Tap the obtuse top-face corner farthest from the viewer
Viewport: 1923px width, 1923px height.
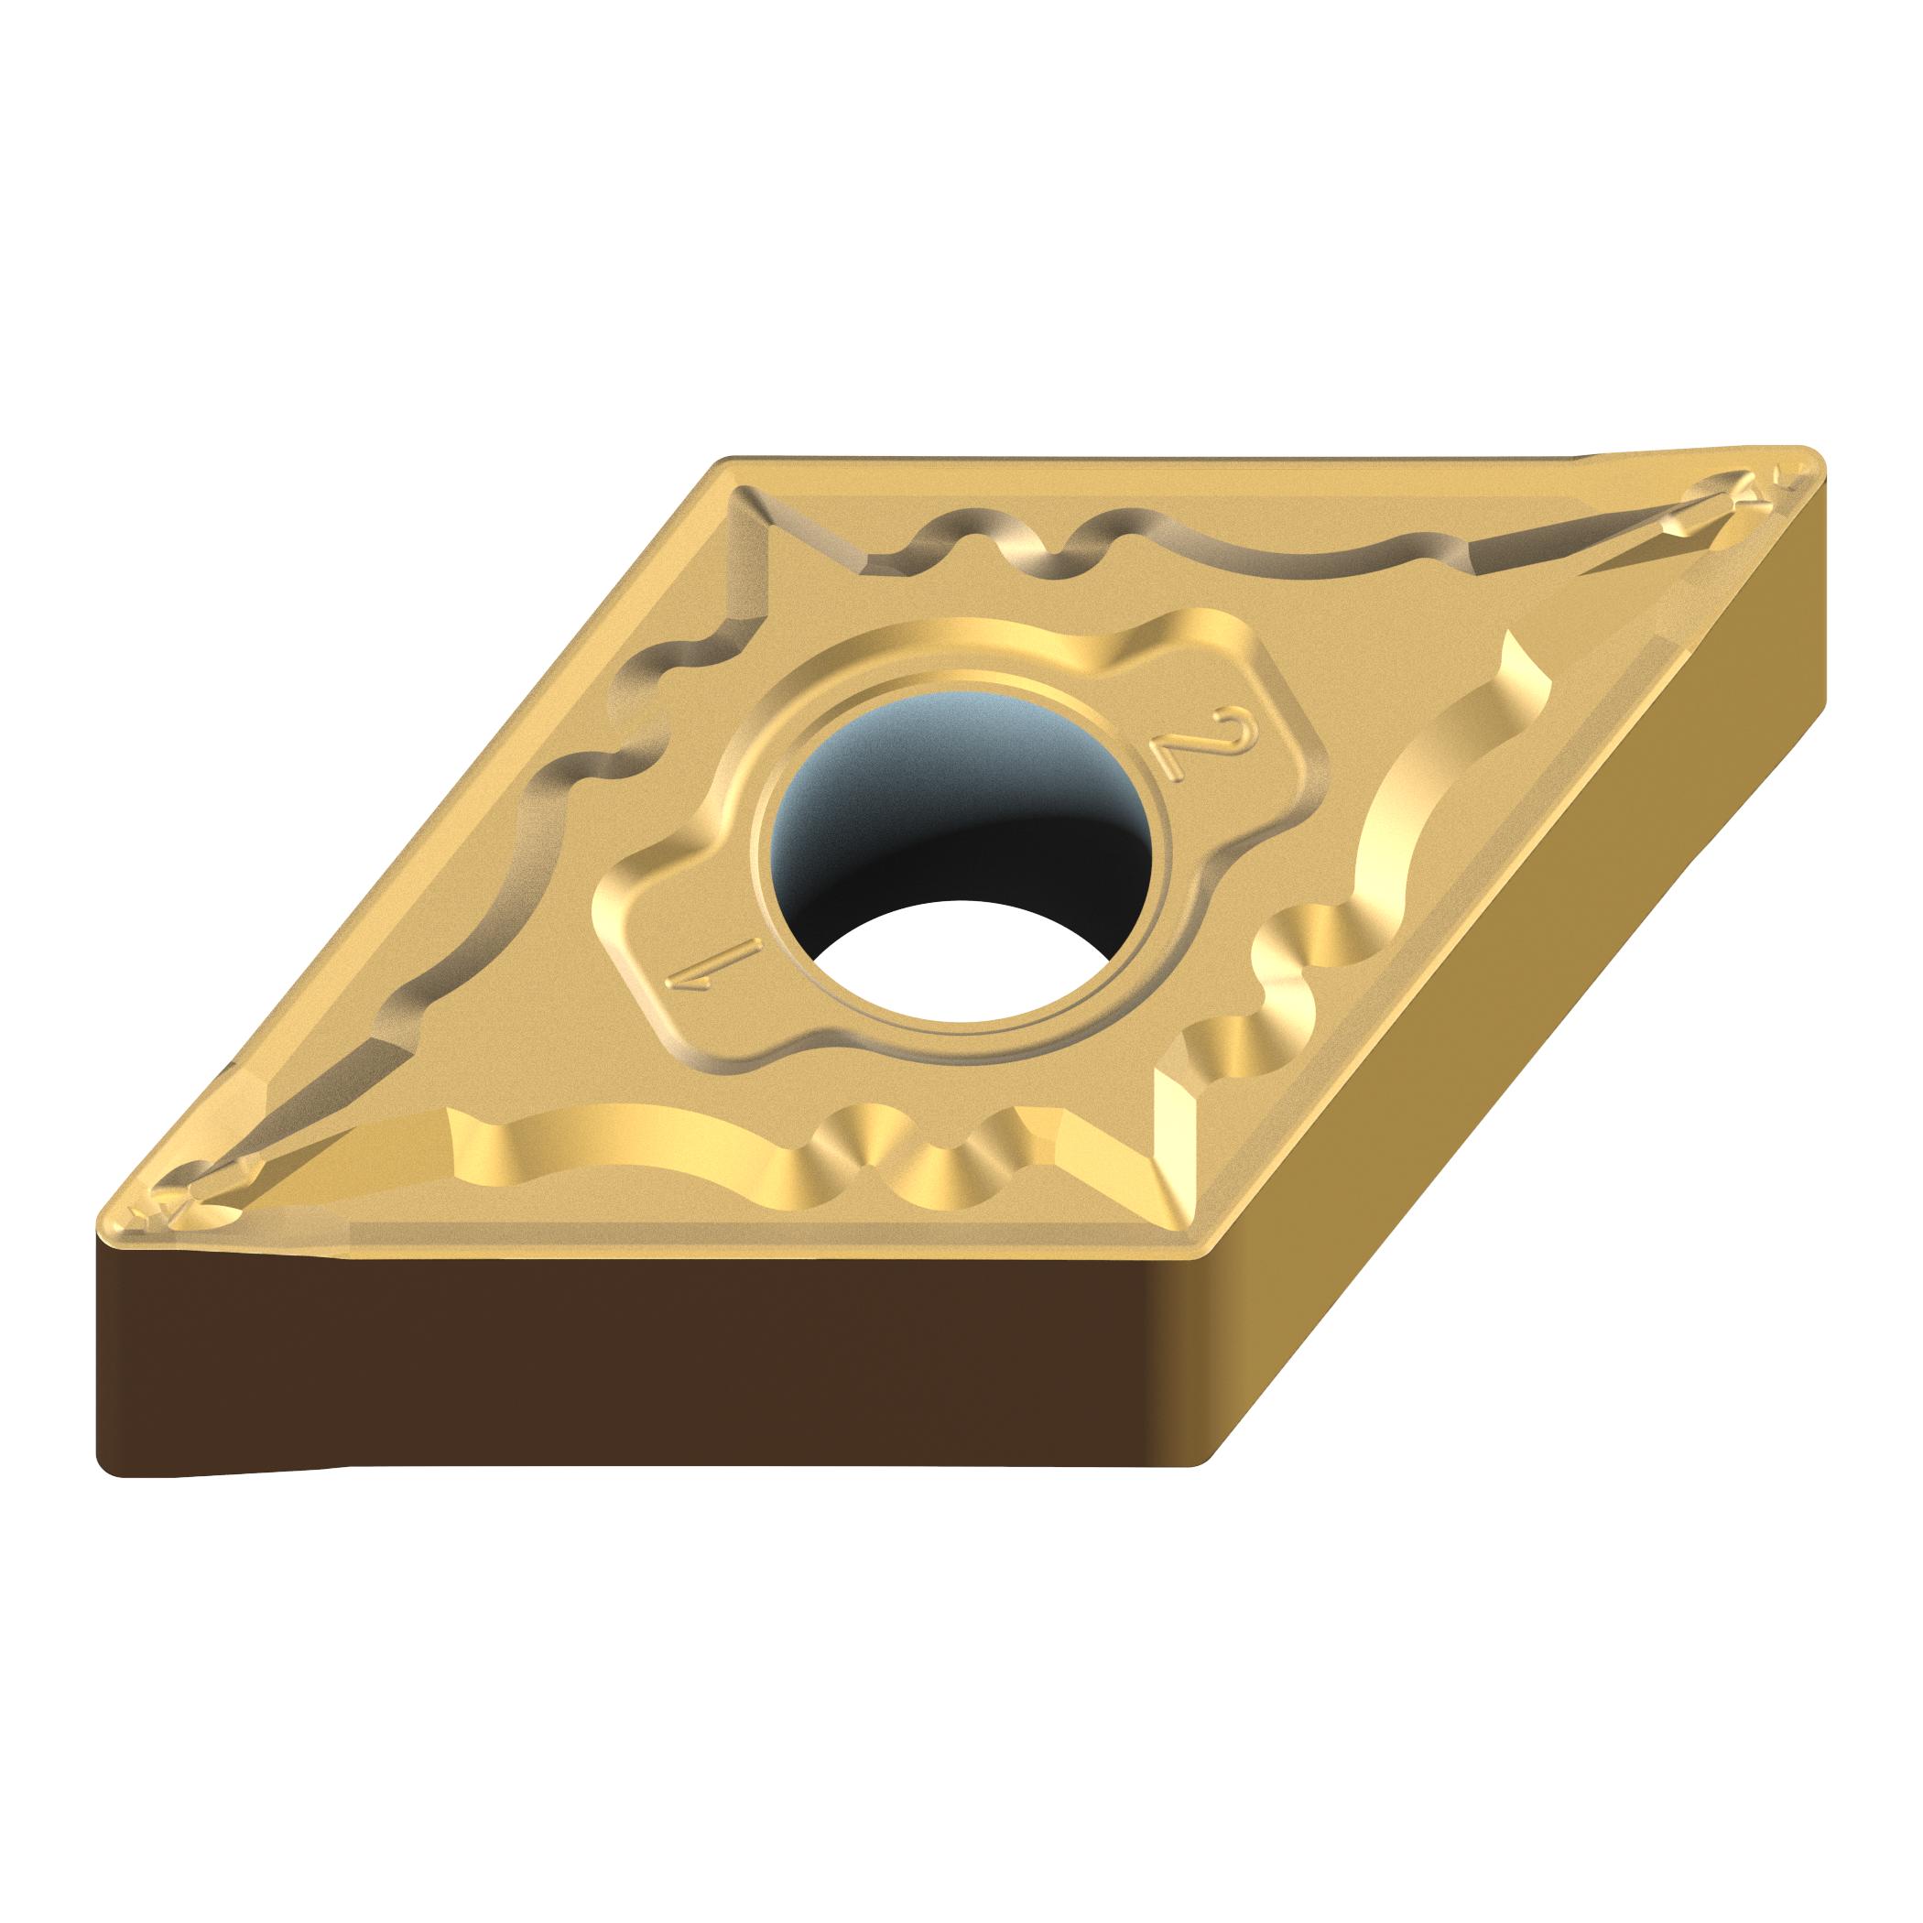click(x=732, y=462)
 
